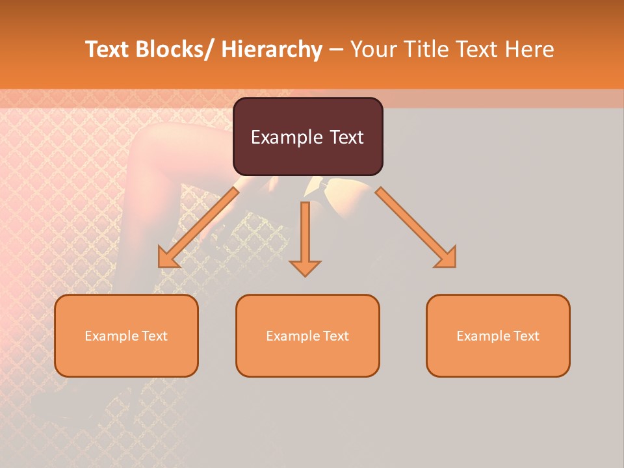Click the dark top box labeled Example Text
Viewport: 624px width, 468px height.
[307, 136]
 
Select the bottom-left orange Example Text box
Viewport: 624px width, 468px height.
[126, 335]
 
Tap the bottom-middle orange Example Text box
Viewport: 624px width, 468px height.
[307, 335]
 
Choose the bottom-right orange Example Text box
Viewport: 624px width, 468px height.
[498, 335]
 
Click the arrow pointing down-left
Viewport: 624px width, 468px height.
[198, 227]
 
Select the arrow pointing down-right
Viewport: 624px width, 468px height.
[416, 227]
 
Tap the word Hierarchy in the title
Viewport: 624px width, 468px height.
[272, 49]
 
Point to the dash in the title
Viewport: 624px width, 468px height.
[336, 49]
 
